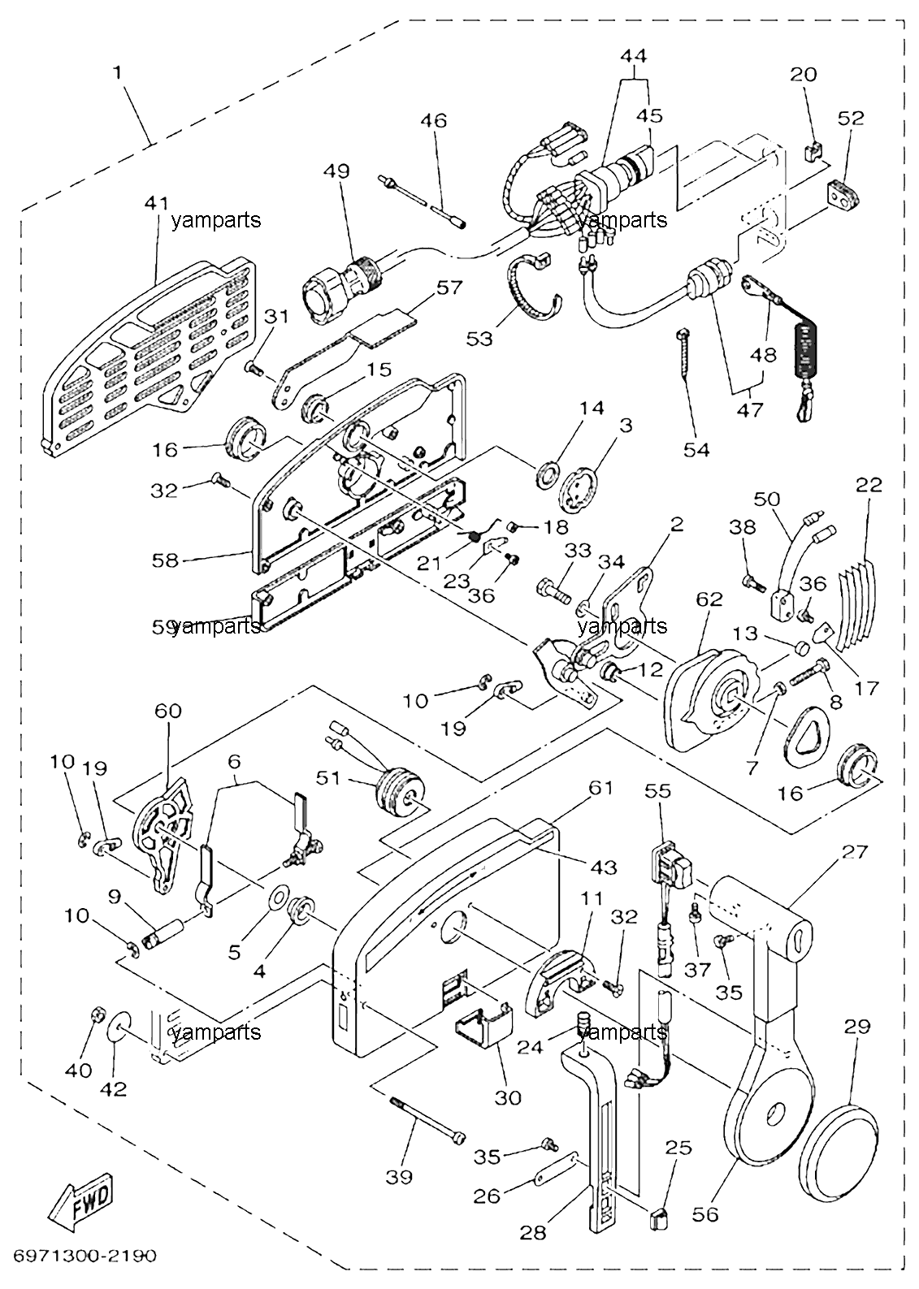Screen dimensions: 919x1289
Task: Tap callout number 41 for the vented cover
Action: pyautogui.click(x=157, y=202)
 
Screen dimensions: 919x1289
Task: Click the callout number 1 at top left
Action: pyautogui.click(x=118, y=73)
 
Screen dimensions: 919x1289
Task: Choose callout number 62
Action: pyautogui.click(x=709, y=599)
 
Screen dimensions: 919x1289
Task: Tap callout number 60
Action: pyautogui.click(x=167, y=711)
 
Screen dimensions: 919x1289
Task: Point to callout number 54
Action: pyautogui.click(x=696, y=450)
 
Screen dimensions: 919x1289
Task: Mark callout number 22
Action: pyautogui.click(x=869, y=485)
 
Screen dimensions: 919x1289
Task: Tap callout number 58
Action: pyautogui.click(x=165, y=560)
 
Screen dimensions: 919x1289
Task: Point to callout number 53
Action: pyautogui.click(x=480, y=339)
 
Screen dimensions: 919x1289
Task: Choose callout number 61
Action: pyautogui.click(x=600, y=788)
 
